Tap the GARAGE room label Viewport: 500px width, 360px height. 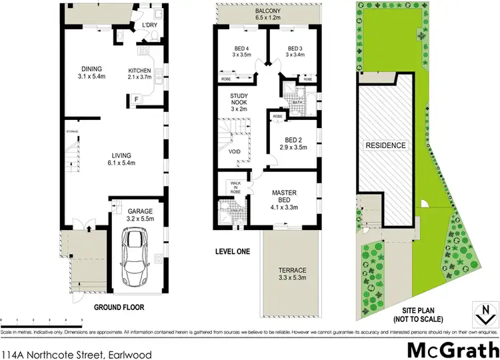140,211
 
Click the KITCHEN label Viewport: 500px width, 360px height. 140,71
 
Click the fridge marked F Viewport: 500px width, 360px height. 135,100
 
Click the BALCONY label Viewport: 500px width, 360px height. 269,12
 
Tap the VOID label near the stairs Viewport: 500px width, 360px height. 234,151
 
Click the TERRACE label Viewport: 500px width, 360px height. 291,270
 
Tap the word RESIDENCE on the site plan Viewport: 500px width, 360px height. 385,145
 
